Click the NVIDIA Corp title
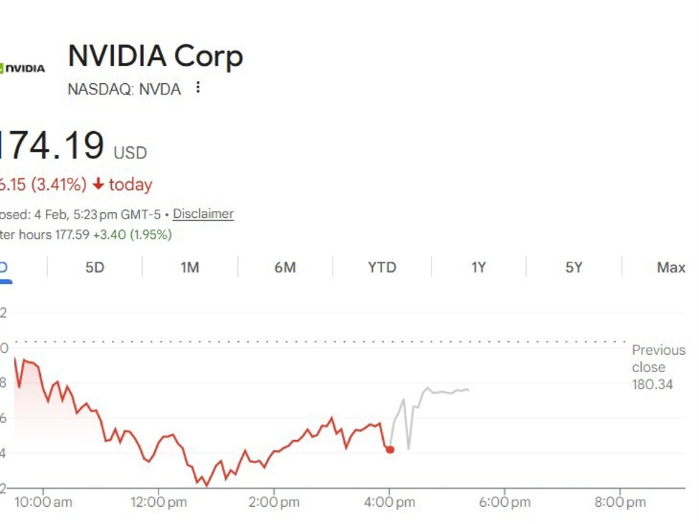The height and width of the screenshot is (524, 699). tap(155, 56)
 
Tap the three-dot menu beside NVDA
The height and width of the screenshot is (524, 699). tap(198, 88)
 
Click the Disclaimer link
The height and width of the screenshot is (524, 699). tap(203, 214)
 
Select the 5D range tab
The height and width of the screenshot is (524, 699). tap(95, 267)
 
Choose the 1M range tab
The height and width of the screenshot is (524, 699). tap(189, 267)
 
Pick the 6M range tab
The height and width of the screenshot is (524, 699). tap(285, 267)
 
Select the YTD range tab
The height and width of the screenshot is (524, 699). tap(381, 267)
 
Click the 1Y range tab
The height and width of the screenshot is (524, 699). tap(478, 267)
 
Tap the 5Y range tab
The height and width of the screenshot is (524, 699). tap(574, 267)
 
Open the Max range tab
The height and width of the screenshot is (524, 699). tap(670, 267)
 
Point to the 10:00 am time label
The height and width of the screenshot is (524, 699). tap(43, 502)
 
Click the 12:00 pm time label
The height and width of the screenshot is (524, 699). tap(158, 502)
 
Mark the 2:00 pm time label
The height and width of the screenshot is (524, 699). tap(274, 502)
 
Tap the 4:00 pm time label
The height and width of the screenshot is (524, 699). tap(389, 502)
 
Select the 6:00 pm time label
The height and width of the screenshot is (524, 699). tap(505, 502)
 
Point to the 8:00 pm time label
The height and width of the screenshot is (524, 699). tap(620, 502)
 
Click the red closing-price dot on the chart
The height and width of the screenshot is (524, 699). tap(389, 449)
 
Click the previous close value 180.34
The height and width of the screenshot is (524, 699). tap(652, 385)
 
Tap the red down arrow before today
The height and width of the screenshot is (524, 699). tap(98, 185)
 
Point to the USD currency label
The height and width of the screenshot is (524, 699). tap(130, 153)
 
